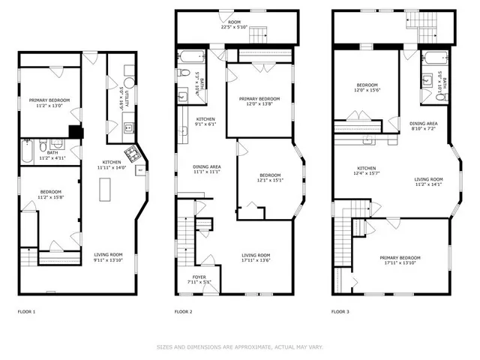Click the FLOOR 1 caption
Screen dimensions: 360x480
coord(26,311)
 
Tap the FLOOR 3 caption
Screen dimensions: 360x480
coord(341,311)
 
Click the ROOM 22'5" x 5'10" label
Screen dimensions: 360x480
coord(235,25)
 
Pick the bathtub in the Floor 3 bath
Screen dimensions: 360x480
coord(435,57)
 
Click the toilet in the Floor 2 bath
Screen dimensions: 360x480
coord(184,73)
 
